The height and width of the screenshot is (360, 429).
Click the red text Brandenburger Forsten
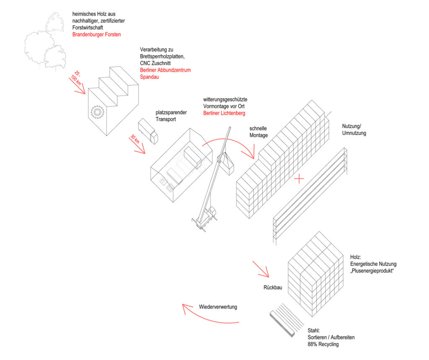pyautogui.click(x=96, y=34)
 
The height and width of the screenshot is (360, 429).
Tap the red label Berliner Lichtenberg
pyautogui.click(x=225, y=113)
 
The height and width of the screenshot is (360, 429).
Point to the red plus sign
pyautogui.click(x=299, y=179)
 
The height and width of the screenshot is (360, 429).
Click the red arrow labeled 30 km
pyautogui.click(x=137, y=145)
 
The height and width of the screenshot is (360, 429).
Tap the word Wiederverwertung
pyautogui.click(x=218, y=307)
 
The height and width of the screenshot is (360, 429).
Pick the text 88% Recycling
pyautogui.click(x=323, y=344)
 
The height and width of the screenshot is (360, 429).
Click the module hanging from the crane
pyautogui.click(x=227, y=164)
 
